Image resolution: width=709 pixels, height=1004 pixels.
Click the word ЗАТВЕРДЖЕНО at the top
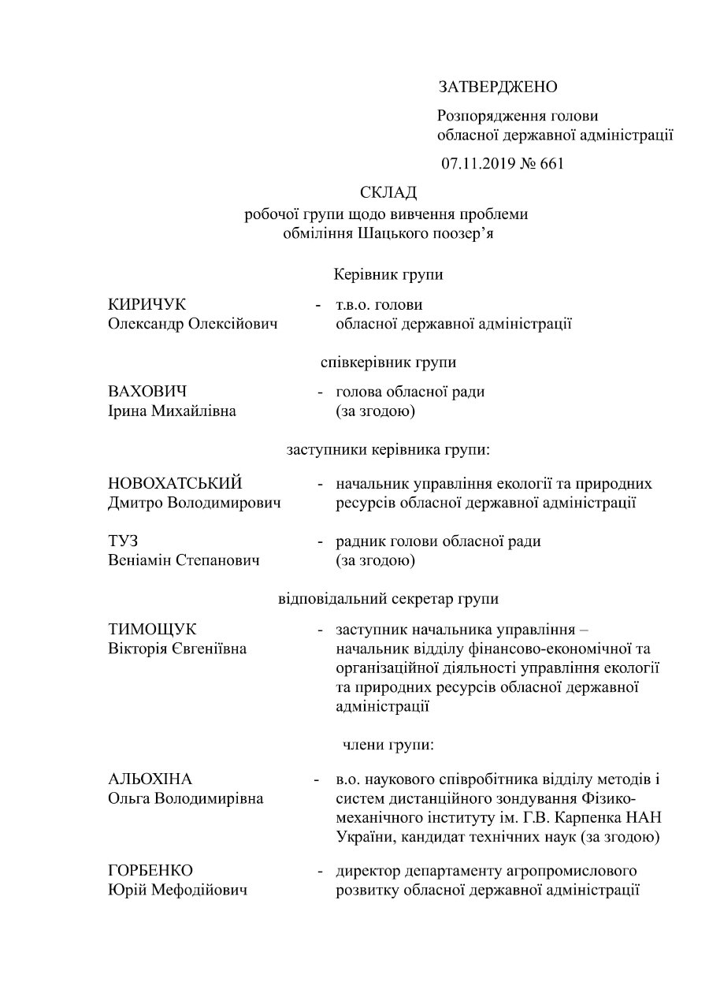point(498,86)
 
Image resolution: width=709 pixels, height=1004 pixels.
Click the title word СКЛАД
point(388,193)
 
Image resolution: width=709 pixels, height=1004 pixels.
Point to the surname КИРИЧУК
point(147,305)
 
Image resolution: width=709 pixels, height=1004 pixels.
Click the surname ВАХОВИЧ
point(147,392)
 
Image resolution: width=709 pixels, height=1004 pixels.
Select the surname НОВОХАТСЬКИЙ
point(175,483)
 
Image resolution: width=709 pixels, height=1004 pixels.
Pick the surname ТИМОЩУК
point(152,629)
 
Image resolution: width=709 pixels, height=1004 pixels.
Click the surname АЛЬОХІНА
point(150,779)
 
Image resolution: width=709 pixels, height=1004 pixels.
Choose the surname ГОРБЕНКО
point(150,871)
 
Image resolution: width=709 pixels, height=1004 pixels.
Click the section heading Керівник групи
point(388,275)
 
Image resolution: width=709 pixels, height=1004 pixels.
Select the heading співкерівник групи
point(389,363)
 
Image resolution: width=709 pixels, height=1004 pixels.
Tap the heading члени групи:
point(388,744)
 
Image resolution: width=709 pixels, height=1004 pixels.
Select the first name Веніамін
point(142,561)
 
